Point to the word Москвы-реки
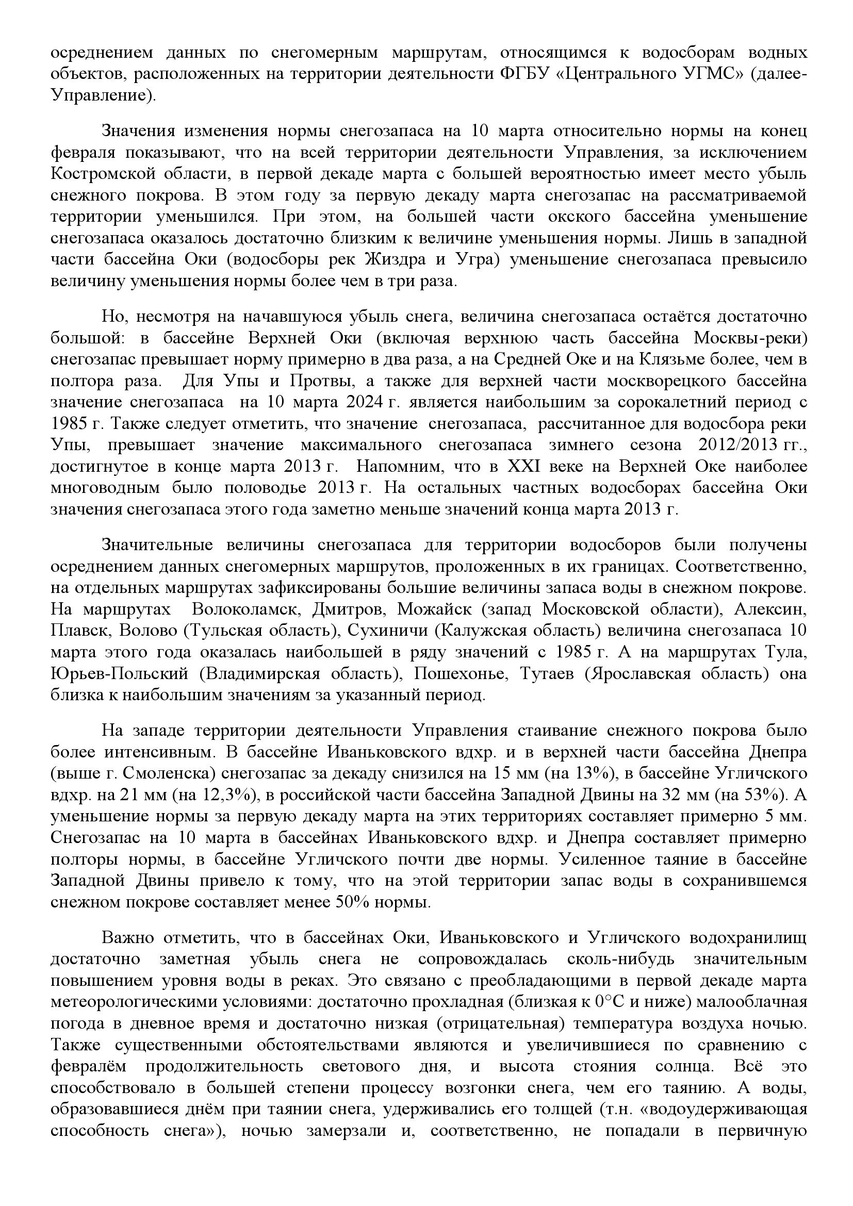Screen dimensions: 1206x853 749,338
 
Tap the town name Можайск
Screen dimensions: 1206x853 434,609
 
